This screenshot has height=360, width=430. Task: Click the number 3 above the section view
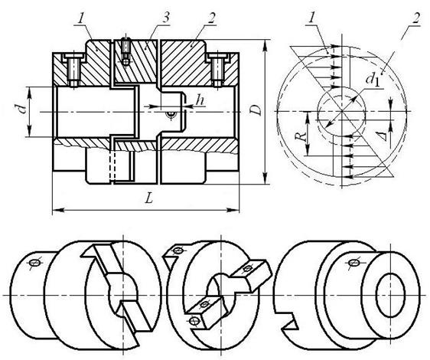pyautogui.click(x=165, y=18)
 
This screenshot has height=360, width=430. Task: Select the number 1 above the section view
pyautogui.click(x=81, y=18)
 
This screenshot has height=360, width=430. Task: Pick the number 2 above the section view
pyautogui.click(x=211, y=18)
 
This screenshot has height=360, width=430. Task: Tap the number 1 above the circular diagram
pyautogui.click(x=312, y=18)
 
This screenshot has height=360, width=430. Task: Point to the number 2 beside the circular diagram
pyautogui.click(x=415, y=18)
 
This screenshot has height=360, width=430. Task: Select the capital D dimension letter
pyautogui.click(x=256, y=110)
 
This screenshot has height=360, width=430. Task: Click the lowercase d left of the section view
pyautogui.click(x=23, y=108)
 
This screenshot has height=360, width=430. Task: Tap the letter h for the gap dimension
pyautogui.click(x=200, y=100)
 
